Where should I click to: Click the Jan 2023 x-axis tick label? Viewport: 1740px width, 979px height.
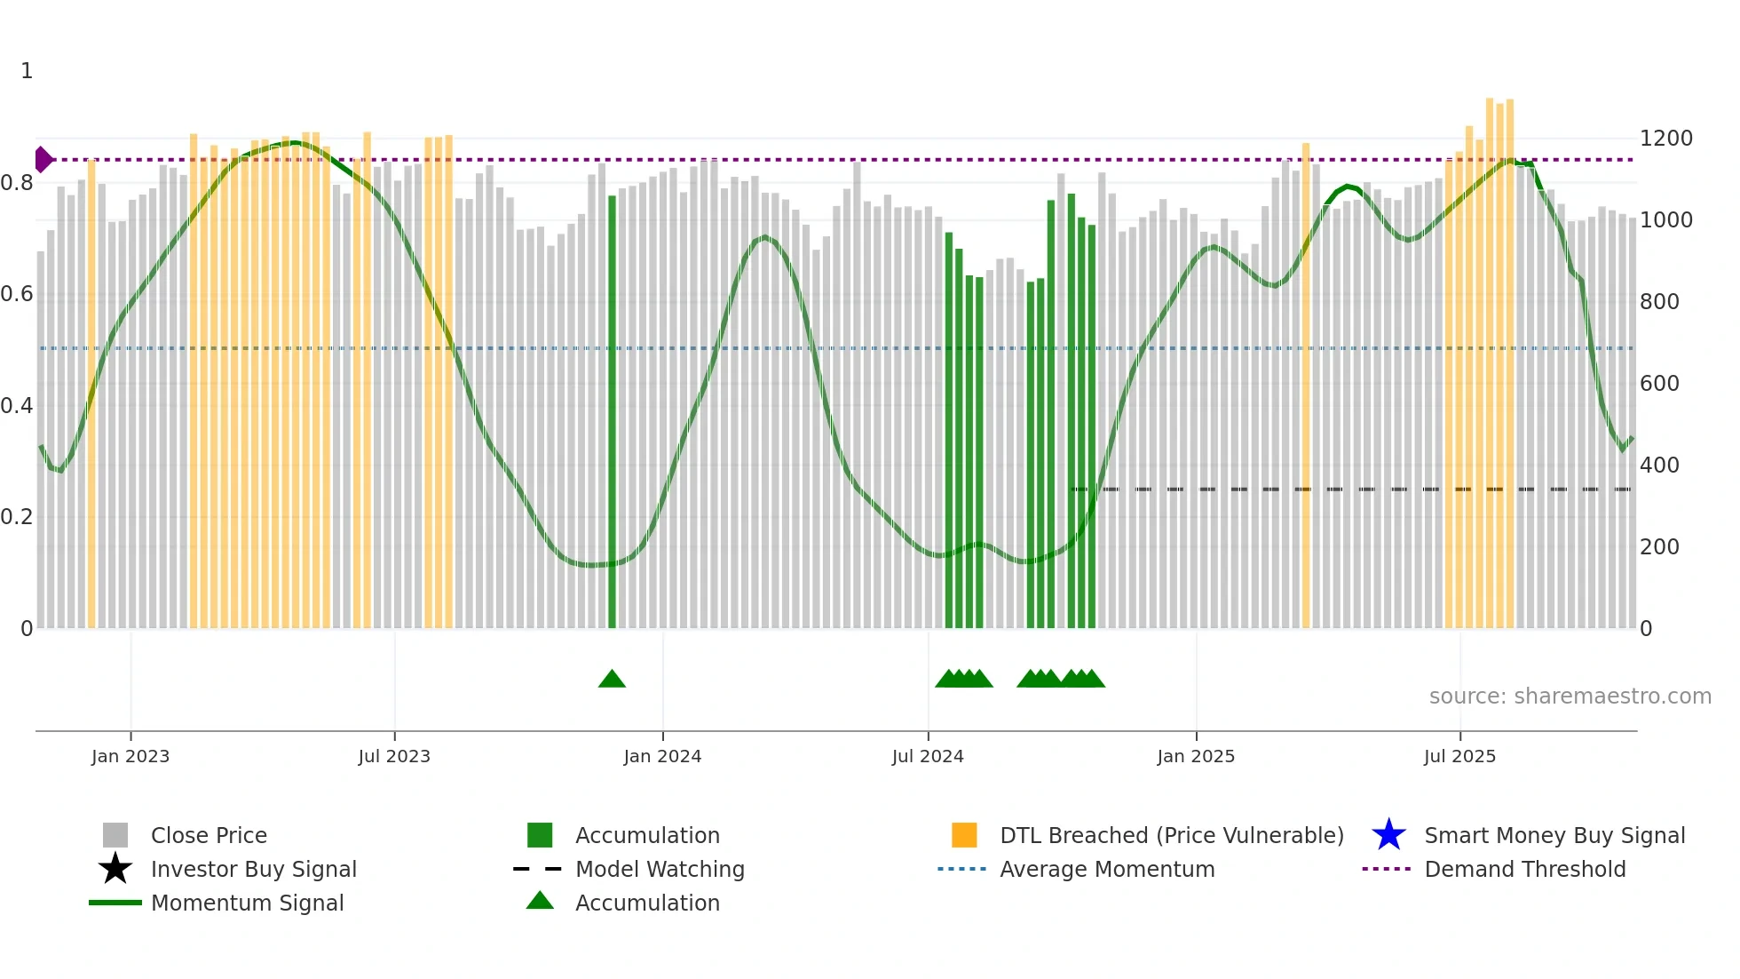tap(130, 756)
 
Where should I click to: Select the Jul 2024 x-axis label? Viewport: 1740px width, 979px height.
tap(927, 756)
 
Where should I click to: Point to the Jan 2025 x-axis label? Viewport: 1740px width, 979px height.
tap(1195, 756)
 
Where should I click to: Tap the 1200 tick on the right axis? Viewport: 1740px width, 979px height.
tap(1665, 139)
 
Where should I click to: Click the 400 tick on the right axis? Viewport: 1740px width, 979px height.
tap(1659, 466)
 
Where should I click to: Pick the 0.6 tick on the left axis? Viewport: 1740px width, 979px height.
tap(17, 294)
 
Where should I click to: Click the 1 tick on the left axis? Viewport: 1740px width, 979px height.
tap(27, 71)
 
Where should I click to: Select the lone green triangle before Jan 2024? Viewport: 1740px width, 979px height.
tap(612, 679)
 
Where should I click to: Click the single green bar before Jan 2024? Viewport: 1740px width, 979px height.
tap(612, 409)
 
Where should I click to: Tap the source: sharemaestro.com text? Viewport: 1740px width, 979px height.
tap(1570, 696)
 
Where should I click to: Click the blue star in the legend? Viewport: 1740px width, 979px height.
tap(1388, 835)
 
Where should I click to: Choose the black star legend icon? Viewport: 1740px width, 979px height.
tap(115, 869)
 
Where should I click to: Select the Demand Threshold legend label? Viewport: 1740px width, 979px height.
tap(1524, 869)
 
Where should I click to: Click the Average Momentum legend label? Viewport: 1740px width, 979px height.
tap(1106, 869)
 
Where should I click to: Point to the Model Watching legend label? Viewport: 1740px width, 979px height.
tap(660, 869)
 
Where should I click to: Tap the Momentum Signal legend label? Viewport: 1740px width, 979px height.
tap(247, 903)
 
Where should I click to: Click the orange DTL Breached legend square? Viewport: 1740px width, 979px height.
tap(964, 835)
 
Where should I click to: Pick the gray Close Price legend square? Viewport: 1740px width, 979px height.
tap(115, 835)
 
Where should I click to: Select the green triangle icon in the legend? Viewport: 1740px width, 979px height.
tap(540, 901)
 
